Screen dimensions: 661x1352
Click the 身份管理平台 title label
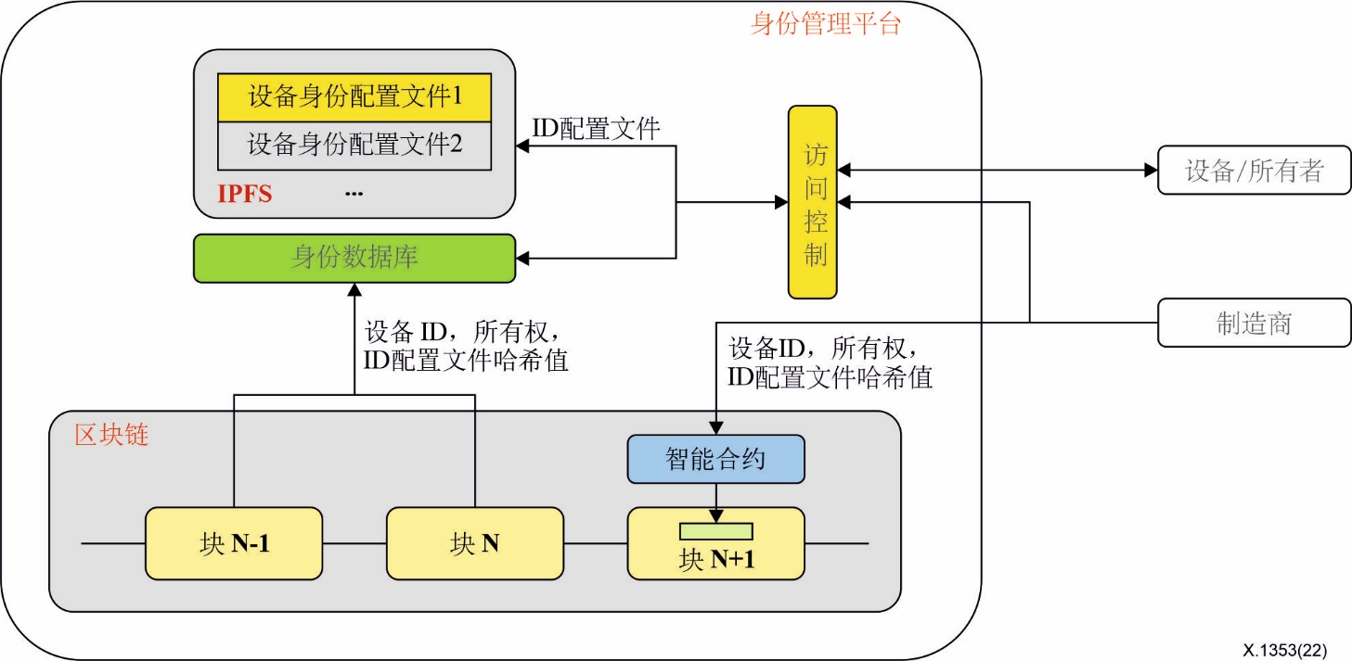point(825,23)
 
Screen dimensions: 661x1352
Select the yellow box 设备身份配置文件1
point(354,96)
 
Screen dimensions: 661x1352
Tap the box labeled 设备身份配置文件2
point(354,146)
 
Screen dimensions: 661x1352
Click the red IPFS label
point(245,194)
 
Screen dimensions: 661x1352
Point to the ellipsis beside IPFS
point(354,193)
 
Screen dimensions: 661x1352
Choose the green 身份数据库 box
point(354,258)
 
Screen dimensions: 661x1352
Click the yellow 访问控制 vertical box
point(812,202)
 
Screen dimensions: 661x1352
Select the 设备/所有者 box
point(1254,171)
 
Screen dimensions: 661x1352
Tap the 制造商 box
point(1254,323)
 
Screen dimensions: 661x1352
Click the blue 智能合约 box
point(715,459)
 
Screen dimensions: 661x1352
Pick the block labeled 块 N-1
point(234,543)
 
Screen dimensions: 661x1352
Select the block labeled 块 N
point(474,543)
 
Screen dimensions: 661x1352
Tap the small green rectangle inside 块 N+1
point(715,531)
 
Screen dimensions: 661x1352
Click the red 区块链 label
point(111,435)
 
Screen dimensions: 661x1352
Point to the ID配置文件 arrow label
point(596,128)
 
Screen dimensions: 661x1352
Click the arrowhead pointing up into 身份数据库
point(354,290)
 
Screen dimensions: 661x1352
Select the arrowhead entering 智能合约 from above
point(715,427)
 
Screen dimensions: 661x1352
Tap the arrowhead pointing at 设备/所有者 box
point(1150,171)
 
